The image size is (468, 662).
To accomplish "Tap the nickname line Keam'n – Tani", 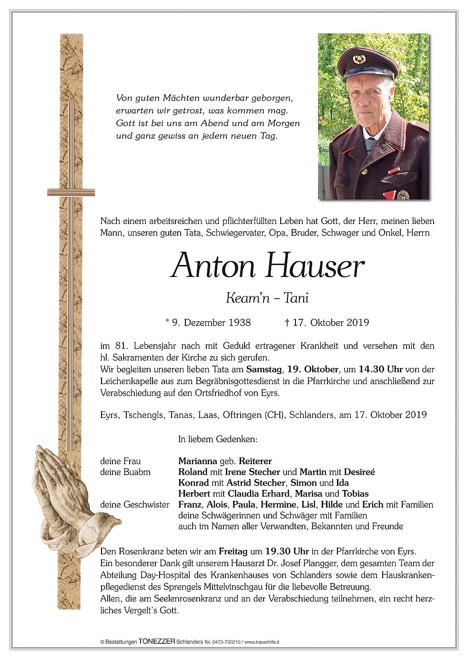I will click(x=267, y=298).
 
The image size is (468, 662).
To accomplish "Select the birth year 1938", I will click(x=240, y=323).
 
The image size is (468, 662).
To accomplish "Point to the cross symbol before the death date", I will click(x=287, y=323).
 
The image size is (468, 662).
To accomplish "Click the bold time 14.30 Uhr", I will click(x=380, y=369).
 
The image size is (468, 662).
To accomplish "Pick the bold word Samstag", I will click(x=264, y=369).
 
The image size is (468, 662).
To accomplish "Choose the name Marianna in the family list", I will click(x=197, y=461).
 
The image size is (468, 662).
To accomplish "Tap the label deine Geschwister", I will click(x=135, y=504).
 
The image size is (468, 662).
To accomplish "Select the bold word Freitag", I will click(x=233, y=551).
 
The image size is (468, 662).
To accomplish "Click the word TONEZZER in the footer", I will click(x=157, y=642).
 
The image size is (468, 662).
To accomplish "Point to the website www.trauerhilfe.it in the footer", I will click(x=262, y=642).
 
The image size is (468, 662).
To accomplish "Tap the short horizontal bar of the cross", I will click(x=71, y=193).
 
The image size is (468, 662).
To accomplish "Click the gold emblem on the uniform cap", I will click(x=359, y=60).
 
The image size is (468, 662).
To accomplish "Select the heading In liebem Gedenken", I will click(x=217, y=439).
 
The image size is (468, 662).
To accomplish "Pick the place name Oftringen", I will click(x=242, y=415).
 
